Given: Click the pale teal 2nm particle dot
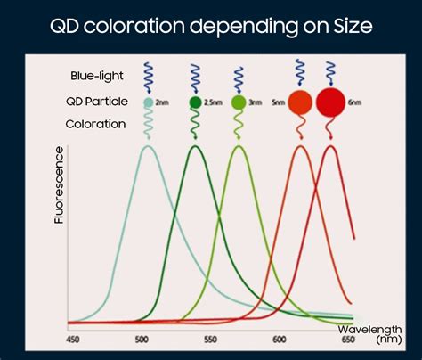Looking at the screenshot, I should point(148,103).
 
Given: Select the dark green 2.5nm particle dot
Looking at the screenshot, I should point(196,103).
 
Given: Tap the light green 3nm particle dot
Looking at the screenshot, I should point(238,103).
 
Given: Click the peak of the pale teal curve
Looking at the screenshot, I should point(148,146).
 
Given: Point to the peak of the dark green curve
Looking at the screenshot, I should point(196,146).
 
